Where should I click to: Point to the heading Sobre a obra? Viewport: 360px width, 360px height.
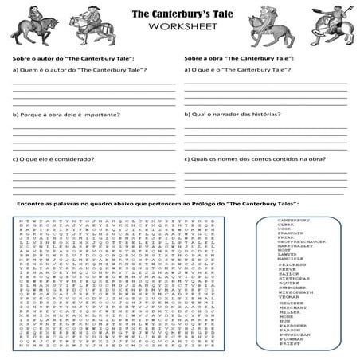point(237,59)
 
